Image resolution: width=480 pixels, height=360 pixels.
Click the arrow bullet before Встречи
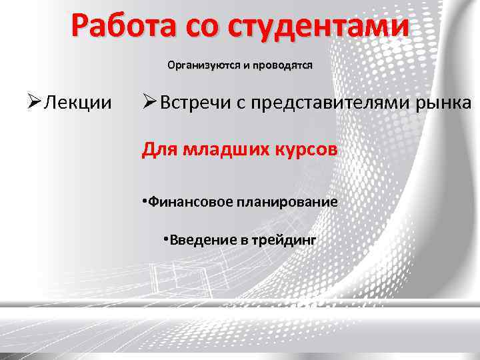tap(149, 103)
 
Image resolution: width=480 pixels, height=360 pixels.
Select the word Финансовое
tap(189, 202)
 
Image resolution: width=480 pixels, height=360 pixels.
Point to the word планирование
tap(285, 202)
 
